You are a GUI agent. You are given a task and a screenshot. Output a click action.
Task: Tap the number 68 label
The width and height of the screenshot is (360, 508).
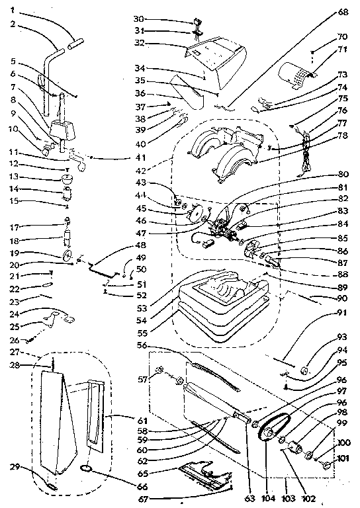342,11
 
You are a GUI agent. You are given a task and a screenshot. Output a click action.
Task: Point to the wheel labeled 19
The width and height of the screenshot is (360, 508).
66,255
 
